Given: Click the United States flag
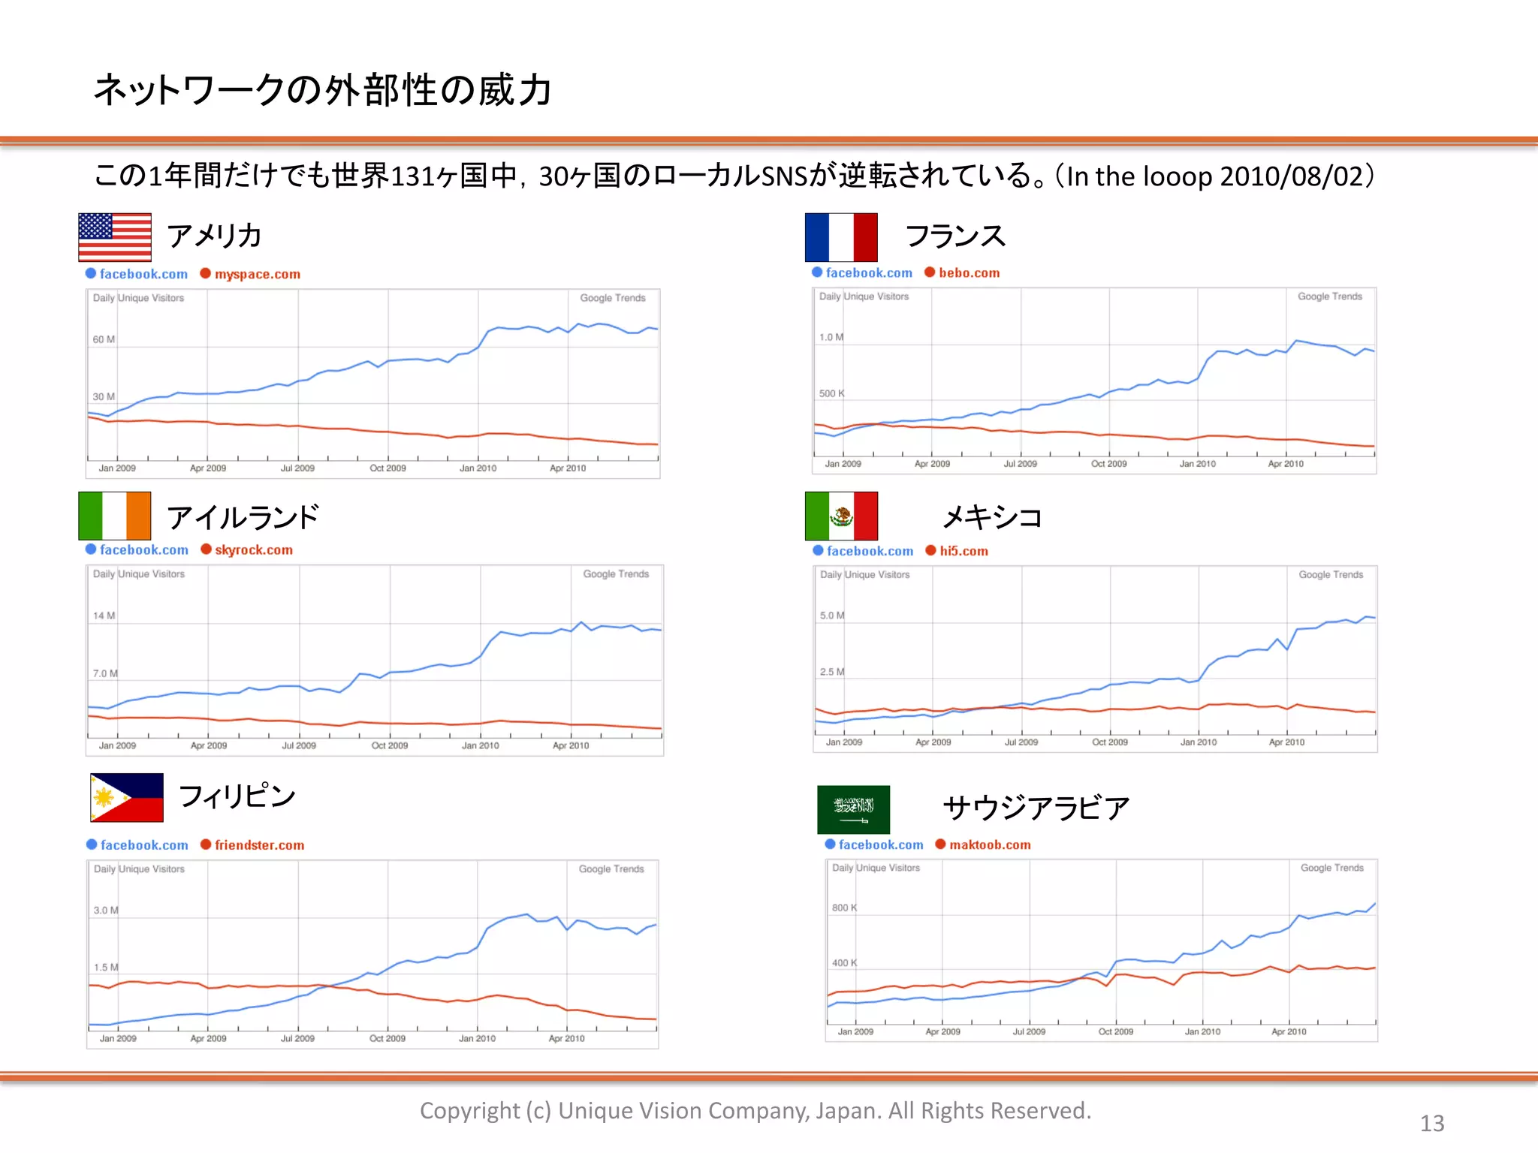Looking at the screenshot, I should point(114,237).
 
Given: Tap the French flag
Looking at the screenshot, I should point(840,237).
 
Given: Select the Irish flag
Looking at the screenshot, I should point(114,516).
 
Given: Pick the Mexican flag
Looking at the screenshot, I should point(840,516).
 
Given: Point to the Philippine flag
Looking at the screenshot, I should point(126,797).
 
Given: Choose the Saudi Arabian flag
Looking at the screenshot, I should point(853,809).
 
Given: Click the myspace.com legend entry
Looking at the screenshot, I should point(257,274).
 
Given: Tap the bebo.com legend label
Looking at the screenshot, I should point(969,272).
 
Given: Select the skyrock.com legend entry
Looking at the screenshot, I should point(253,549).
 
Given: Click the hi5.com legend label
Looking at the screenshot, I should point(964,551).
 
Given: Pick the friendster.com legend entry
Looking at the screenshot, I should point(259,844).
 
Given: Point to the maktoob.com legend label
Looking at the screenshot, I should point(989,844).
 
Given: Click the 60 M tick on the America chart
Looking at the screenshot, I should point(104,339).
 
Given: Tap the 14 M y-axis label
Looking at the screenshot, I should point(104,616).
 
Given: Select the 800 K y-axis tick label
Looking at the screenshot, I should point(844,908).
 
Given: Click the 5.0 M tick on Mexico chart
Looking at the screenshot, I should point(832,616).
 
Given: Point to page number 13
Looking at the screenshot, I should point(1432,1123).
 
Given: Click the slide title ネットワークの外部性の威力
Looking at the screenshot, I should point(323,90).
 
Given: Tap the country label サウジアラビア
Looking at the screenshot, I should point(1036,808).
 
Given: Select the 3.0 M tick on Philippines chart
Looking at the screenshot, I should point(106,910).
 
